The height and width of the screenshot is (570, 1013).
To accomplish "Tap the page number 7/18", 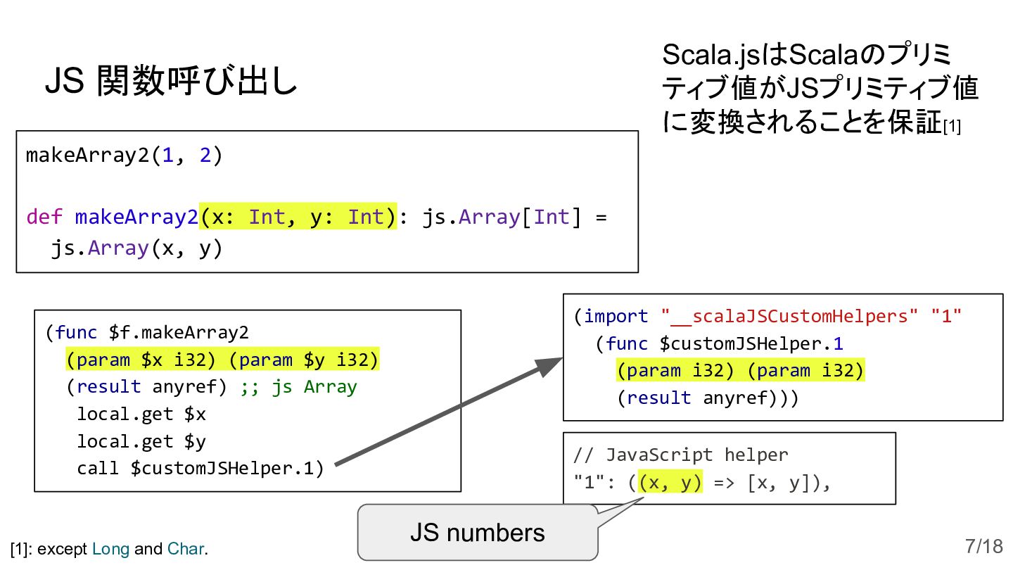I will coord(983,546).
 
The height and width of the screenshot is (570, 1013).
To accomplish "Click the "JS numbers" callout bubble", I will coord(477,533).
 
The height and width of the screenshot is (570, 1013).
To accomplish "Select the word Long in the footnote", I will coord(110,549).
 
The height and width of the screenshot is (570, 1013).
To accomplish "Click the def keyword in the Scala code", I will coord(44,217).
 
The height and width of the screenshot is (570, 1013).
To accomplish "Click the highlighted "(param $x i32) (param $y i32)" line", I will coord(222,360).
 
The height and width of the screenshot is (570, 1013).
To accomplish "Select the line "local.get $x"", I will coord(141,414).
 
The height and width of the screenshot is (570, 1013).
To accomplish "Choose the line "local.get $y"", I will coord(141,441).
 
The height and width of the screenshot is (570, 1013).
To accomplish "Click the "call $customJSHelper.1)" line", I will coord(200,468).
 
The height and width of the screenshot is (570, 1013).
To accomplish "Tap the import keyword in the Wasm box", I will coord(616,317).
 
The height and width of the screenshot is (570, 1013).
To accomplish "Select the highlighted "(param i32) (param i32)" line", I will coord(740,371).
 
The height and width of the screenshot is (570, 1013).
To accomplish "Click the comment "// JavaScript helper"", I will coord(681,455).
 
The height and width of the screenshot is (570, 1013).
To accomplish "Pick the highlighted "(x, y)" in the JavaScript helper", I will coord(670,483).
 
